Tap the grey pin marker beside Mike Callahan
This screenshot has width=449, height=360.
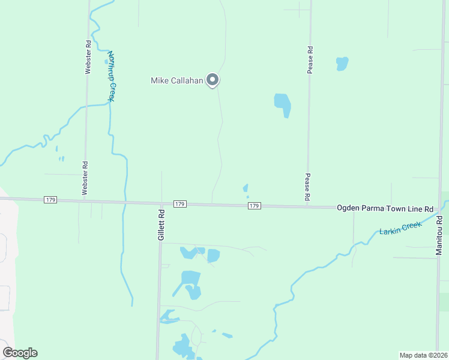212,79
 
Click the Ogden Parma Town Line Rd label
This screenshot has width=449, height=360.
385,208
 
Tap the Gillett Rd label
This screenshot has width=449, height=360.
161,225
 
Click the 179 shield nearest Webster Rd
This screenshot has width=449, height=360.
50,199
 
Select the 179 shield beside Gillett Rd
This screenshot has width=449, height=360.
179,204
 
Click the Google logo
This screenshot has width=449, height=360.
20,353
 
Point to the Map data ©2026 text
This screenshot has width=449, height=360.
423,355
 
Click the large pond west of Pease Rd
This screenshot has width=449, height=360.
283,104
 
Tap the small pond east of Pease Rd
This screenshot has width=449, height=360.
342,63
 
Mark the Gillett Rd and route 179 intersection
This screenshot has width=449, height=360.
161,203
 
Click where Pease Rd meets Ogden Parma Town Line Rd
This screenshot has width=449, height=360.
308,206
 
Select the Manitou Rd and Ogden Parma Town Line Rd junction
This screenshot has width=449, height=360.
438,209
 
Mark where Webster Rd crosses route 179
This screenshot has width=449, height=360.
85,200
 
